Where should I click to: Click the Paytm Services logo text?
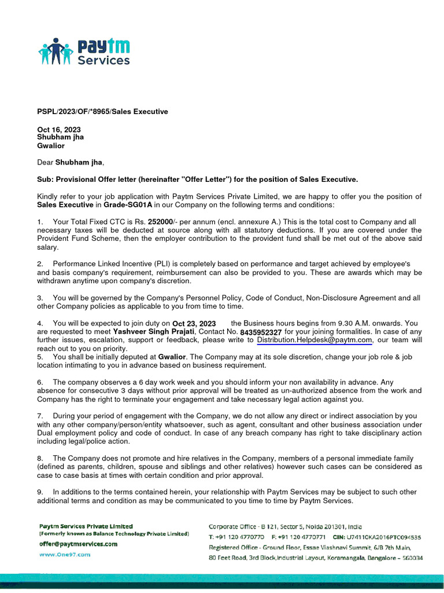click(x=103, y=52)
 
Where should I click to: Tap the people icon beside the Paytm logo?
click(x=56, y=52)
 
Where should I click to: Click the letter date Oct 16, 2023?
click(x=59, y=130)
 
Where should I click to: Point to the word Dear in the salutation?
click(x=45, y=163)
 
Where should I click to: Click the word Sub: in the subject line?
click(x=45, y=180)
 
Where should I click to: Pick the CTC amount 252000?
click(x=161, y=222)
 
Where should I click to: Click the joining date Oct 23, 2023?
click(x=194, y=324)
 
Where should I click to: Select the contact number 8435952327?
click(x=261, y=332)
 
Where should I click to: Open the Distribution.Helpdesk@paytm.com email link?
click(x=314, y=341)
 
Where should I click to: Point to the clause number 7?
click(x=40, y=416)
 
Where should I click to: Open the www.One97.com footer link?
click(x=65, y=554)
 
